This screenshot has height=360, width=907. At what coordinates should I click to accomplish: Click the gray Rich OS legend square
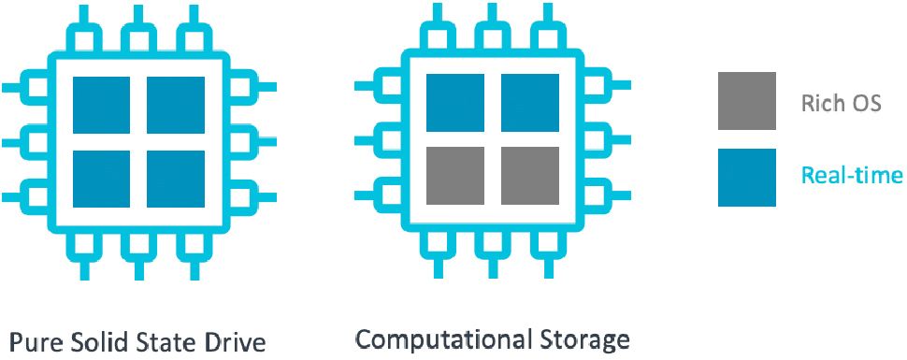click(747, 101)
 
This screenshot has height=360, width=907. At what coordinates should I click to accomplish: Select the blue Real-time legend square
click(747, 177)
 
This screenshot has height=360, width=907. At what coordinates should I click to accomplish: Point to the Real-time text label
click(852, 175)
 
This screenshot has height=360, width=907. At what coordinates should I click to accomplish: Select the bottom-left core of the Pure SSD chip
click(102, 178)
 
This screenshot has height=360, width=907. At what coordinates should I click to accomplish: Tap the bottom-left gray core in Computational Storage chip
click(454, 175)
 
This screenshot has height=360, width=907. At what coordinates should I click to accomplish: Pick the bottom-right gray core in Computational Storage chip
click(529, 175)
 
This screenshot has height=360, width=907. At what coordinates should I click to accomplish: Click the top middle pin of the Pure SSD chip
click(138, 36)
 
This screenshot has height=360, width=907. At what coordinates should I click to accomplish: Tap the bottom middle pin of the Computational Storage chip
click(492, 245)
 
